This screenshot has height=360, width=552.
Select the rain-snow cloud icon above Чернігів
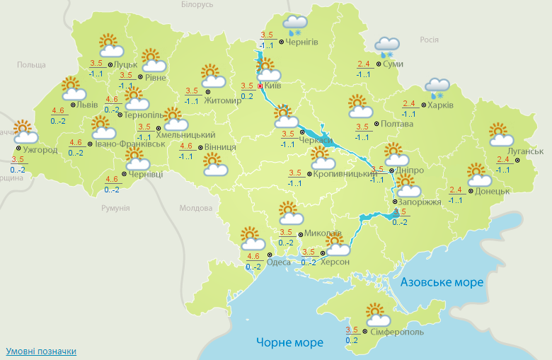(295, 26)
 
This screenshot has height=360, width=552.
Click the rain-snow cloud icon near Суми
(386, 47)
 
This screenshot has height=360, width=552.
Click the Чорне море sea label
(290, 342)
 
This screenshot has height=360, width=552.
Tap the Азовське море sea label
(442, 282)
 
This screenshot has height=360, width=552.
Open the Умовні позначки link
(41, 351)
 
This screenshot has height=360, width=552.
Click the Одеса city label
(279, 262)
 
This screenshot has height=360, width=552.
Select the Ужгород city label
(40, 150)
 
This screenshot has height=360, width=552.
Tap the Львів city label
(88, 105)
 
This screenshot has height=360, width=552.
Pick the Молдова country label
(196, 209)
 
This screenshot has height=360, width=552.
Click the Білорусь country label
(197, 5)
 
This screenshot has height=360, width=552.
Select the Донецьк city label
(492, 191)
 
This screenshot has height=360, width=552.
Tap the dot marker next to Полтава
(376, 124)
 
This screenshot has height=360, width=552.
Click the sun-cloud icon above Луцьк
(110, 45)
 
